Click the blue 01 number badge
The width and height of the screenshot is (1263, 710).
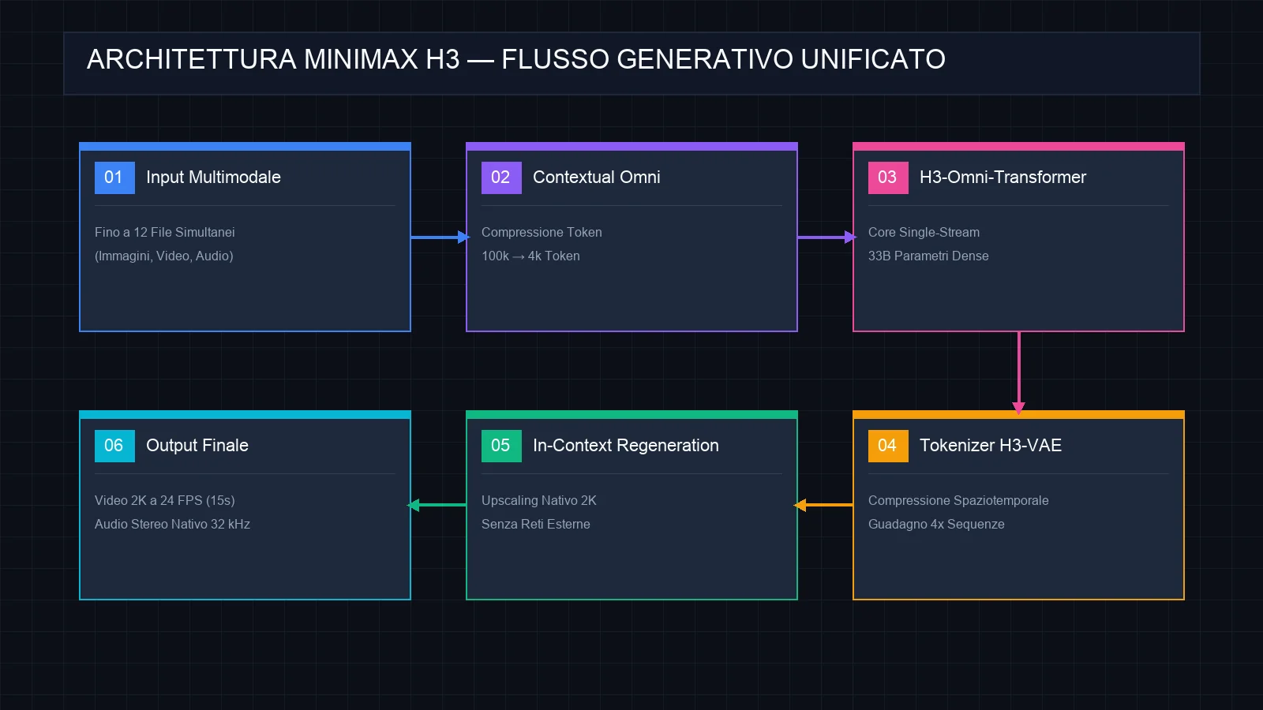tap(114, 177)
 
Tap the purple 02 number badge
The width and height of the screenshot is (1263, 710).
tap(501, 177)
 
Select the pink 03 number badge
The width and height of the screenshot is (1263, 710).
tap(888, 177)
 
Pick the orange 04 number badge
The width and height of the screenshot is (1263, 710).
tap(888, 446)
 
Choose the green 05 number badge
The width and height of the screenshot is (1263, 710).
tap(501, 446)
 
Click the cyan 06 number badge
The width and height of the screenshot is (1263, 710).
tap(114, 446)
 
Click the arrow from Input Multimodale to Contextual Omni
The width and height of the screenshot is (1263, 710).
tap(440, 237)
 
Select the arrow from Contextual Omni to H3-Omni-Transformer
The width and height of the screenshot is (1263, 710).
tap(826, 237)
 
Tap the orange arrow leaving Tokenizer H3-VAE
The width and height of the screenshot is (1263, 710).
tap(823, 506)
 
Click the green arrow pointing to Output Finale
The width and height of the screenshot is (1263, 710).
tap(437, 506)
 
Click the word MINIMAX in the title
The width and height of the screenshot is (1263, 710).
tap(362, 59)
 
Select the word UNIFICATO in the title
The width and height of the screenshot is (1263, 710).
tap(873, 59)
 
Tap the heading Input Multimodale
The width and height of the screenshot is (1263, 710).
tap(213, 177)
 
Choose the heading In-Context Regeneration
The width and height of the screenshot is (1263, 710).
tap(626, 446)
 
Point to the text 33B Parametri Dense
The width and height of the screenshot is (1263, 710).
tap(928, 256)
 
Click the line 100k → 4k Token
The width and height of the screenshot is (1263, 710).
tap(530, 256)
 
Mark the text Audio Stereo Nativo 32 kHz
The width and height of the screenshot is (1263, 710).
tap(173, 524)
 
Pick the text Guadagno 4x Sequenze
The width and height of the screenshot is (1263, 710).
tap(936, 524)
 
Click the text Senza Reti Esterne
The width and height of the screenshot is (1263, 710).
tap(536, 524)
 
